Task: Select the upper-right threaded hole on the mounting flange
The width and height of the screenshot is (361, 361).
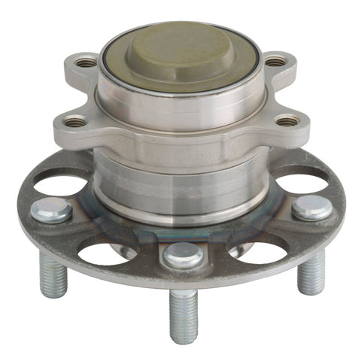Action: tap(275, 61)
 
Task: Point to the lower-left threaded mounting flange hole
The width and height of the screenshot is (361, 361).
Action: tap(74, 120)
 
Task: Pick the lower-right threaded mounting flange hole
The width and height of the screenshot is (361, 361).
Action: tap(287, 120)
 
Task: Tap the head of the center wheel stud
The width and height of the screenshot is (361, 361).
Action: tap(183, 255)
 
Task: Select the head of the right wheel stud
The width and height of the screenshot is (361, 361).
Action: tap(311, 208)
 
